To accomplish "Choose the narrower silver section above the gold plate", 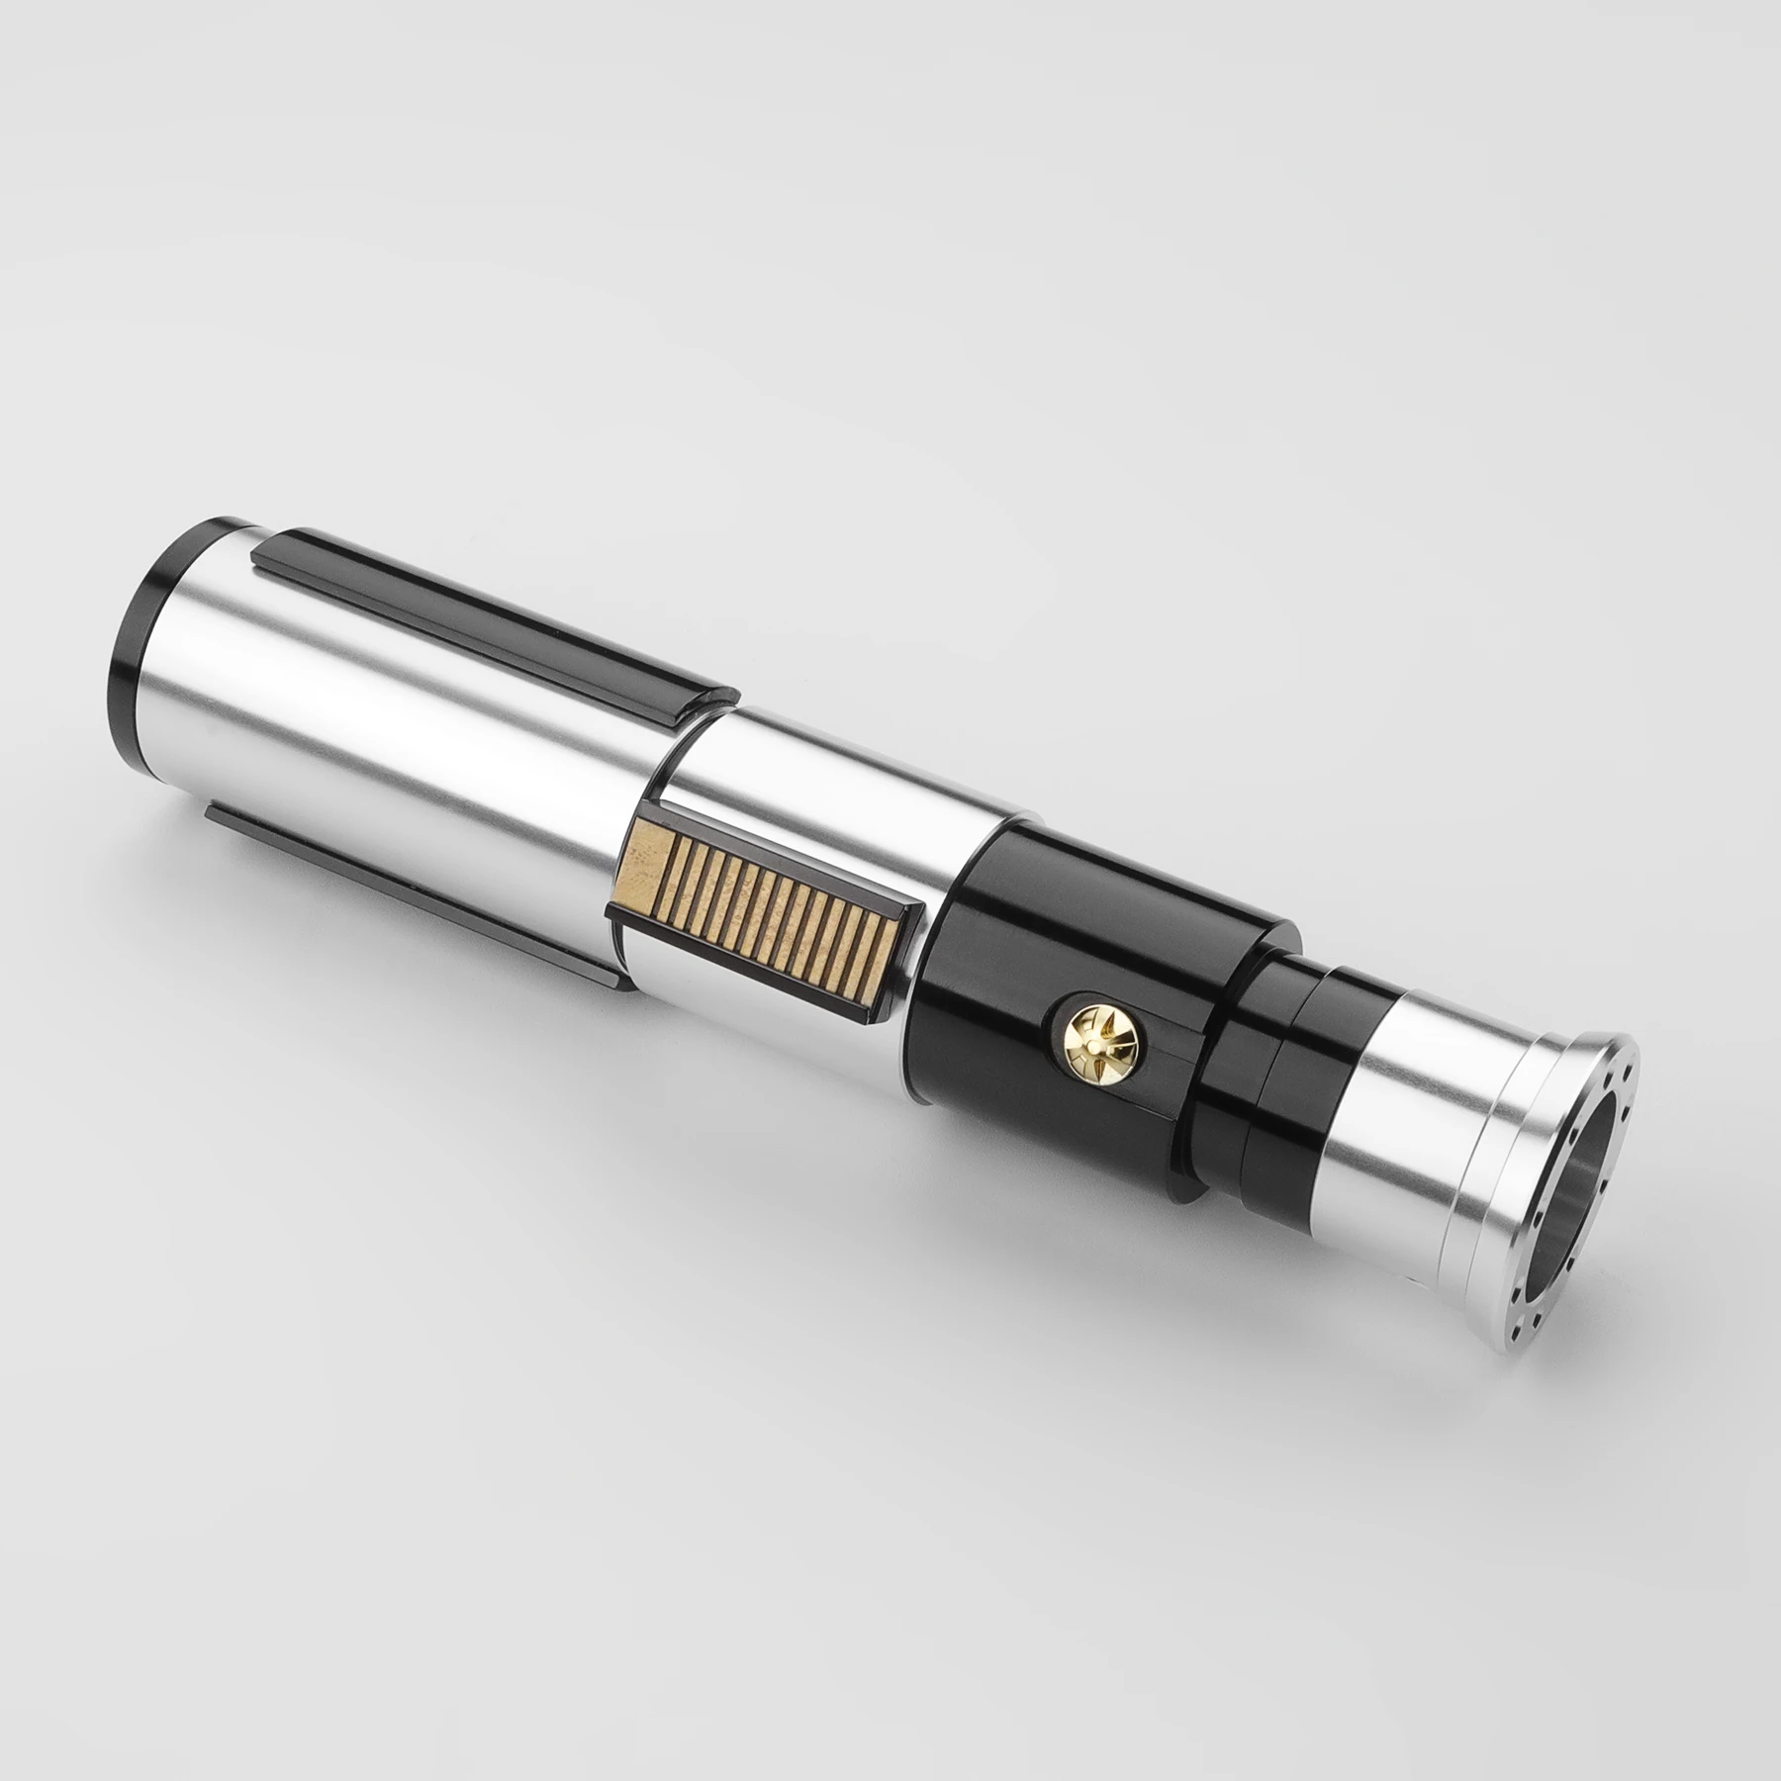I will pyautogui.click(x=851, y=782).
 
